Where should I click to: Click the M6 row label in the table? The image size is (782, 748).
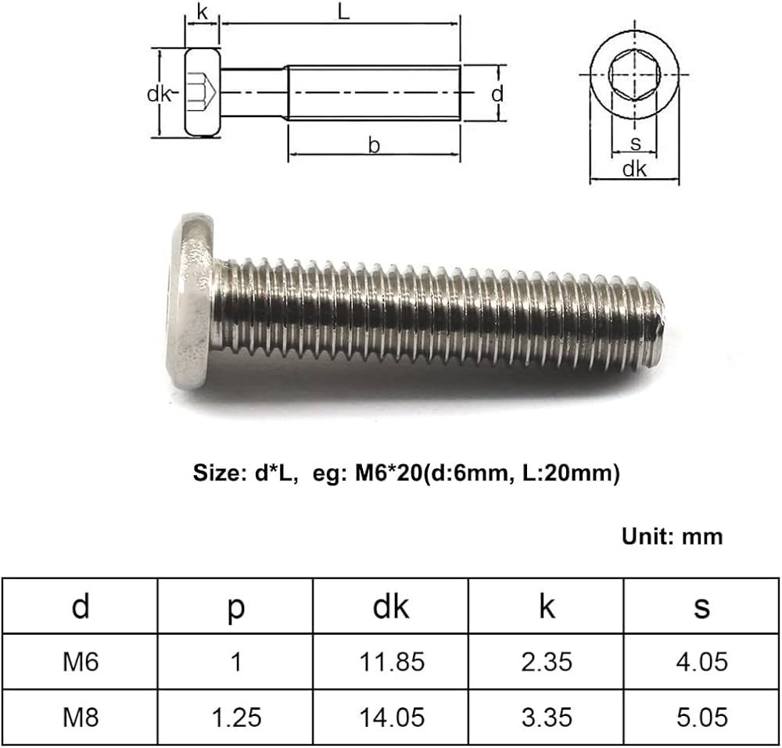point(81,662)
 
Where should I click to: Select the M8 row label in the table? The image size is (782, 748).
point(81,718)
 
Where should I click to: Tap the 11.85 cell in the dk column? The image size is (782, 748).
point(392,662)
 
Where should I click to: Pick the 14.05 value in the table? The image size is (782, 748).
point(392,718)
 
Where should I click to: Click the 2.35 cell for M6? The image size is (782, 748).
point(547,662)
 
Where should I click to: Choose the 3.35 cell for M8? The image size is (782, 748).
point(547,718)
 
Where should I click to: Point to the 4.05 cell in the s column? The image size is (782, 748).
point(701,662)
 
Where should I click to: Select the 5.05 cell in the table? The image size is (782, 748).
point(701,718)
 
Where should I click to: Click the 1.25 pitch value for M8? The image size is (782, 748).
point(236,718)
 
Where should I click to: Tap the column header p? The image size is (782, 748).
point(236,608)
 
